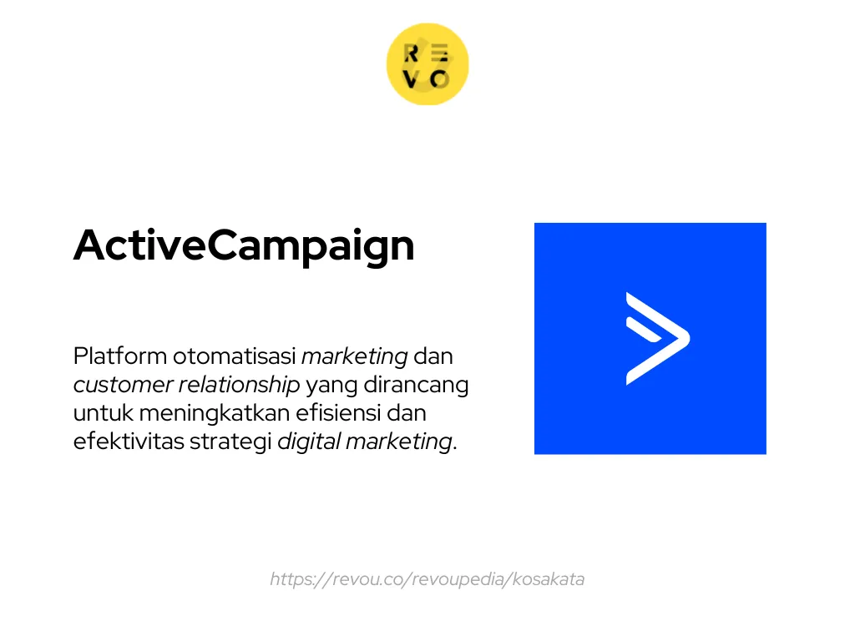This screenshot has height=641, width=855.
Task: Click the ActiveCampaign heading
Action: (x=244, y=245)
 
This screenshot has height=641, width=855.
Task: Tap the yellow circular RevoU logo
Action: (x=427, y=64)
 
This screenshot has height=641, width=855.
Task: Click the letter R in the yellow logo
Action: (x=412, y=54)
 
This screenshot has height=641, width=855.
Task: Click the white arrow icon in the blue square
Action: (x=657, y=339)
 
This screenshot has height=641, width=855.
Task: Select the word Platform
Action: (x=119, y=356)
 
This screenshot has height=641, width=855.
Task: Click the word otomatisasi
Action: (x=234, y=356)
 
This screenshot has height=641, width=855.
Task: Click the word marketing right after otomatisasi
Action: (x=354, y=356)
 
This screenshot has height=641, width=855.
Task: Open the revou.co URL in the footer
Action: (x=427, y=578)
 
